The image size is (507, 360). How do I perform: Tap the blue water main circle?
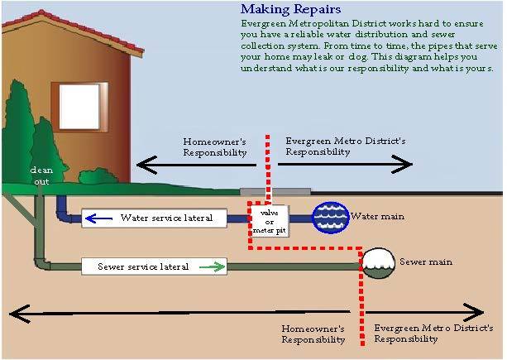[330, 218]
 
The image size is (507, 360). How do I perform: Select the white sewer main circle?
[377, 262]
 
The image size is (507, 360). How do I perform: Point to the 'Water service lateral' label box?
[165, 218]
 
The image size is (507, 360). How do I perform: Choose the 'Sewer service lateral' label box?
[154, 266]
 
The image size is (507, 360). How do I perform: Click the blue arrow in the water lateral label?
[100, 218]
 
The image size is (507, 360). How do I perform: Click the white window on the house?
[79, 105]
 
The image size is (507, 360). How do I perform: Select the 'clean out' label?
[41, 174]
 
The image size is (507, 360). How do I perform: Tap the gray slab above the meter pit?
[275, 191]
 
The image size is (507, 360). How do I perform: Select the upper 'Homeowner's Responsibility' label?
[214, 147]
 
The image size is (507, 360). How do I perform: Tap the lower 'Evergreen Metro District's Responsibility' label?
[409, 334]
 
